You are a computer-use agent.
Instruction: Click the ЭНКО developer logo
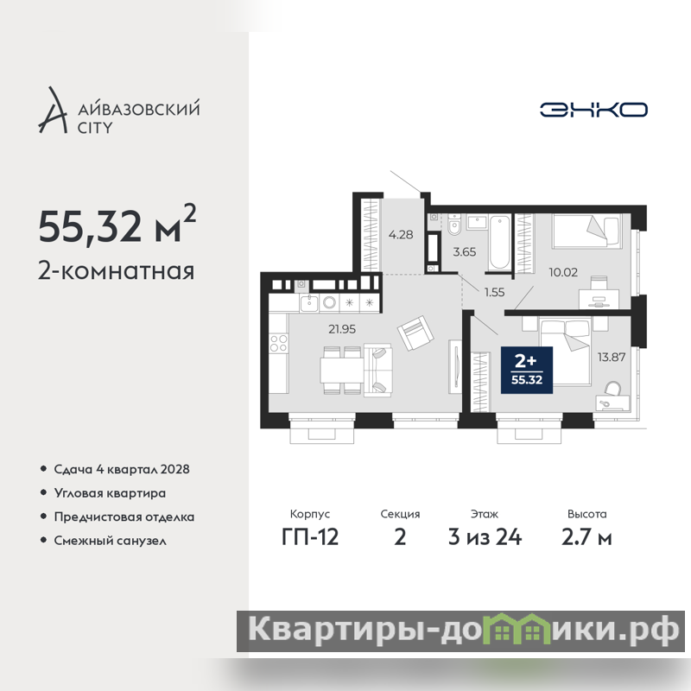tap(593, 110)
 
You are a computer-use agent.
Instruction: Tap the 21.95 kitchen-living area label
tap(342, 329)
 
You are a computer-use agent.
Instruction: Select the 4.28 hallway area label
tap(401, 234)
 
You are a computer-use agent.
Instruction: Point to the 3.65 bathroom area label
tap(465, 251)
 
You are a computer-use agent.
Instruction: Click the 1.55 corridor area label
tap(494, 292)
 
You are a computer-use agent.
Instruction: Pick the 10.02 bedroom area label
tap(563, 272)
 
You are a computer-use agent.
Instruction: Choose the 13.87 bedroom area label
tap(612, 357)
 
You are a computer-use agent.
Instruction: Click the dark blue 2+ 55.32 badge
tap(527, 370)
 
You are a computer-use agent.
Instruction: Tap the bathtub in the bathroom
tap(500, 243)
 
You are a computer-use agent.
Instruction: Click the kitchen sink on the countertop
tap(309, 304)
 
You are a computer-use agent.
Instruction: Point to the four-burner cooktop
tap(278, 343)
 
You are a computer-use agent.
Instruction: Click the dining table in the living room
tap(341, 371)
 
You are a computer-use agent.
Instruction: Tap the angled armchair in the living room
tap(415, 333)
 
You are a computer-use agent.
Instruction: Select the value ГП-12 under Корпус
tap(310, 536)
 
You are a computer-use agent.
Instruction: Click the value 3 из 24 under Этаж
tap(485, 536)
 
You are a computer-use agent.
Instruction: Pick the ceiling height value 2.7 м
tap(586, 536)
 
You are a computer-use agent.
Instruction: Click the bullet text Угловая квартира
tap(110, 493)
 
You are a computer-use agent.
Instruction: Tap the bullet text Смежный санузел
tap(111, 541)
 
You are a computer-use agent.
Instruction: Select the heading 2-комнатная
tap(116, 270)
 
